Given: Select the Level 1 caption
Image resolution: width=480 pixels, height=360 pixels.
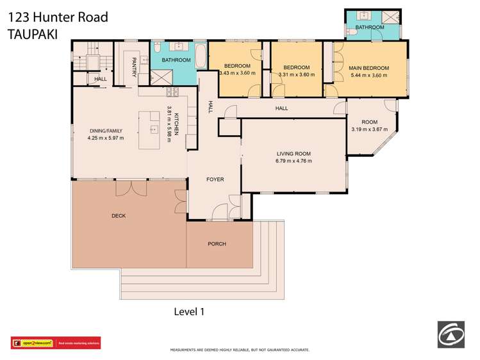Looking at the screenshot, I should (189, 311).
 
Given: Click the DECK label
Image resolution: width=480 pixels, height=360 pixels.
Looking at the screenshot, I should (118, 216).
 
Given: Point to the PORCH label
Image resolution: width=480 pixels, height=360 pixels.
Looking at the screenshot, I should (217, 244).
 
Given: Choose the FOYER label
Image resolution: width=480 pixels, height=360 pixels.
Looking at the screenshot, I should (215, 179).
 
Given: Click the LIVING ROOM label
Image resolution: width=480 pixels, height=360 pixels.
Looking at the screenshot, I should (294, 153).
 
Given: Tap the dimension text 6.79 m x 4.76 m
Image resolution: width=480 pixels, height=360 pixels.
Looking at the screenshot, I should (294, 161).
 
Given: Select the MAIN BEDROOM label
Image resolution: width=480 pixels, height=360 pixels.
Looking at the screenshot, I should (368, 67).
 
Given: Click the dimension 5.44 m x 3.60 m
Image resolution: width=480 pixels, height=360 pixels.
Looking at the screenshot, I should (368, 75).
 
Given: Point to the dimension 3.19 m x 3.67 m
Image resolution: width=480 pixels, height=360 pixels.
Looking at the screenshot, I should (370, 130).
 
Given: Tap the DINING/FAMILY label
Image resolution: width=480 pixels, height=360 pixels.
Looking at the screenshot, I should (106, 131).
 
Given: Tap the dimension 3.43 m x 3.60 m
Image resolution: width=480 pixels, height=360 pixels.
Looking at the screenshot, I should (237, 73).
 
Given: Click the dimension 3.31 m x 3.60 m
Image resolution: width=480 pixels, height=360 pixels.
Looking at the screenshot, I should (297, 75).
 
